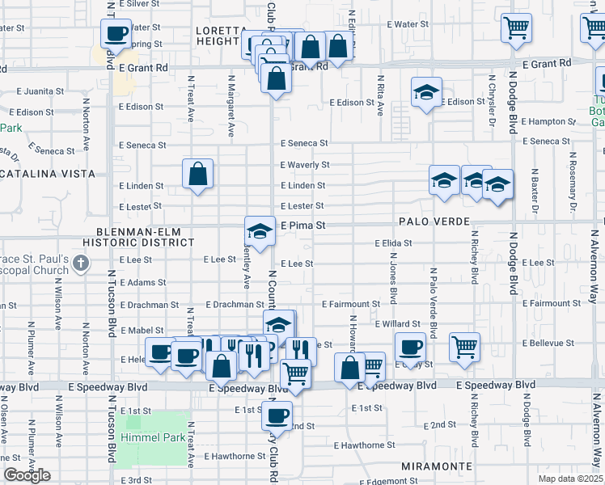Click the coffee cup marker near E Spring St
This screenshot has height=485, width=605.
tap(115, 34)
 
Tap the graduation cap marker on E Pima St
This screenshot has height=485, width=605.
tap(260, 231)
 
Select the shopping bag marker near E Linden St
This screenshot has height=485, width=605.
tap(198, 173)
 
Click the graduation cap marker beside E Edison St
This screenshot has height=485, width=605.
tap(425, 93)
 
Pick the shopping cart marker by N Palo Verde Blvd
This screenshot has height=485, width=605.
tap(464, 348)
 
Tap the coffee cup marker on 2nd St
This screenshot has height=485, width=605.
tap(277, 416)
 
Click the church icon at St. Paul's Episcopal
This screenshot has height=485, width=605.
tap(80, 263)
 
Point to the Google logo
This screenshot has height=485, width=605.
tap(27, 475)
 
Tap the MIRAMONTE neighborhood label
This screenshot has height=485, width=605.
tap(437, 467)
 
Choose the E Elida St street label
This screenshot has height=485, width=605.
tap(393, 242)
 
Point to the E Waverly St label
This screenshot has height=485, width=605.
tap(305, 165)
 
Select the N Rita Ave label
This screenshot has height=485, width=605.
tap(380, 95)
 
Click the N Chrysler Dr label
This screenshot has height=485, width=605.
tap(490, 95)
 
